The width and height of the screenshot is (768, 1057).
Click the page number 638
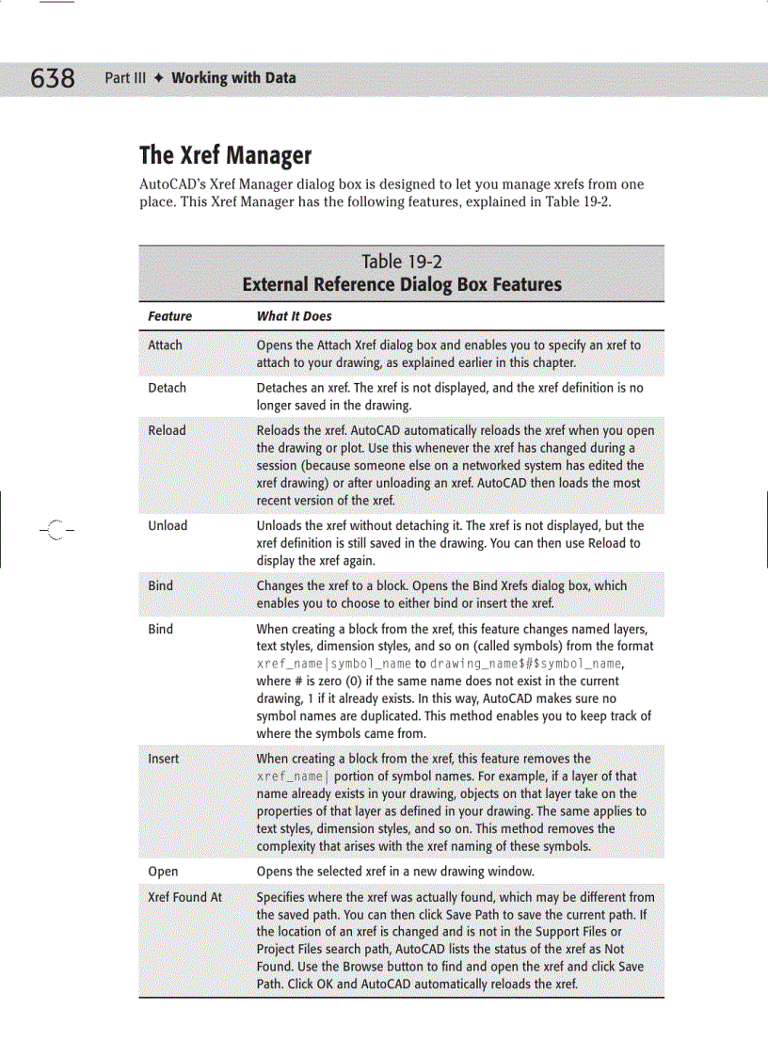click(x=53, y=78)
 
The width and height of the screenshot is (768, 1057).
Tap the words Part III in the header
click(x=125, y=78)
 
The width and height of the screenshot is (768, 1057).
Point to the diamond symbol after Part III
click(x=159, y=78)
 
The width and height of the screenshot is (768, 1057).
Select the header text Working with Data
click(x=233, y=78)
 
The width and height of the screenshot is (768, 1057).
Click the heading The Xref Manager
click(x=225, y=154)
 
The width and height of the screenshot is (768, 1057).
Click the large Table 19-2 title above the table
click(x=402, y=262)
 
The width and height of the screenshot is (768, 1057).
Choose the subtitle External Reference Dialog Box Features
click(x=402, y=284)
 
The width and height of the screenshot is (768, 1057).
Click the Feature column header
click(x=169, y=316)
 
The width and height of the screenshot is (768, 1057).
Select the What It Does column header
click(x=294, y=316)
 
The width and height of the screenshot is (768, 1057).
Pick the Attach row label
click(x=165, y=345)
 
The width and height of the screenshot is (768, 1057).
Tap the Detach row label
click(x=167, y=388)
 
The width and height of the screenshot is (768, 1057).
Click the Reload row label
click(x=167, y=430)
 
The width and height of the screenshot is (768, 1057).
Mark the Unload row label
click(x=168, y=525)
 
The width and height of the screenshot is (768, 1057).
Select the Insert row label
click(x=163, y=758)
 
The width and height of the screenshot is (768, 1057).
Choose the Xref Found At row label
click(x=184, y=897)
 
